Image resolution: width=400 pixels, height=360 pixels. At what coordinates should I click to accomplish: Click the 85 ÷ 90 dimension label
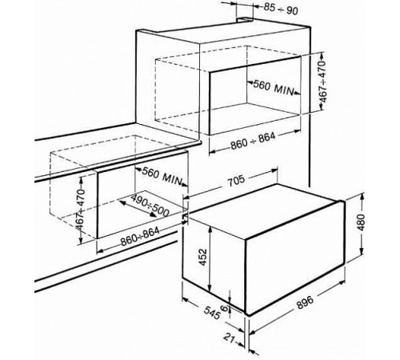tap(281, 9)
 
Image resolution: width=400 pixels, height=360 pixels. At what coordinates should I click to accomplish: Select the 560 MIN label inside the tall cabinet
tap(273, 88)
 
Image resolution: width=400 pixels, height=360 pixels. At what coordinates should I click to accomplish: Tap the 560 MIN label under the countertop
tap(162, 175)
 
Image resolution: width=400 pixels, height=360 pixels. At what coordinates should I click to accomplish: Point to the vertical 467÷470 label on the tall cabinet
tap(323, 82)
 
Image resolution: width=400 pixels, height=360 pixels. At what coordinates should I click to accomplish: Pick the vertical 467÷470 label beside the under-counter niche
tap(80, 210)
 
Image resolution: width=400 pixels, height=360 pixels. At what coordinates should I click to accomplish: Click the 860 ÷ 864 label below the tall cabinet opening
tap(253, 141)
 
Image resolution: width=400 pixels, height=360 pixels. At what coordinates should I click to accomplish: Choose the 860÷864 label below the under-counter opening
tap(140, 236)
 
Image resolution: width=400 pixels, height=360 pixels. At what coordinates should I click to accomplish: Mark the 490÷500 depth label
tap(150, 205)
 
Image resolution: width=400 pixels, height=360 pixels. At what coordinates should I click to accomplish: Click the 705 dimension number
tap(235, 181)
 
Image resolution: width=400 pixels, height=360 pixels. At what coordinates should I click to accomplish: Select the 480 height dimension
tap(361, 222)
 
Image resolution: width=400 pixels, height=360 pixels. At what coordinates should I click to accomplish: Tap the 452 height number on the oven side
tap(203, 257)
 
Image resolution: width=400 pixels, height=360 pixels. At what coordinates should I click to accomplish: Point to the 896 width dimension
tap(306, 302)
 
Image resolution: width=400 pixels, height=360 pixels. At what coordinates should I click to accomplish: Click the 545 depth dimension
tap(212, 312)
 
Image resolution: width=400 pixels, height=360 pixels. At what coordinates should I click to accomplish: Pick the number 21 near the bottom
tap(230, 338)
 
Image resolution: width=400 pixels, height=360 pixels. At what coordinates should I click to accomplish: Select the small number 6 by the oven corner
tap(225, 309)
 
